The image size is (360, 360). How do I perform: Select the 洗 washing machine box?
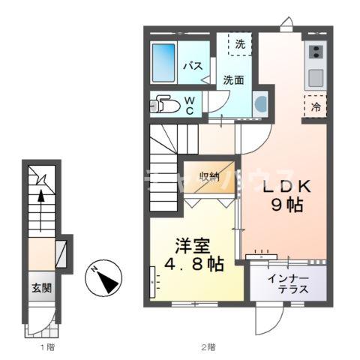(x=239, y=44)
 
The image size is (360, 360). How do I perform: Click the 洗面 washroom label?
(x=232, y=79)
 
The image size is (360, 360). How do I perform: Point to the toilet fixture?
(x=164, y=106)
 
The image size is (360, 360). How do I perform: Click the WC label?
(x=190, y=106)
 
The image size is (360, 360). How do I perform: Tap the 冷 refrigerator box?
(x=316, y=106)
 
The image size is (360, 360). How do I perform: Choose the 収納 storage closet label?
(x=209, y=177)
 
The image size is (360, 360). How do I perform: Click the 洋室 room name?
(x=193, y=245)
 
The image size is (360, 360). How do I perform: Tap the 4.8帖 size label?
(x=193, y=265)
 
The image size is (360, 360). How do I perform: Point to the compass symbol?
(x=103, y=280)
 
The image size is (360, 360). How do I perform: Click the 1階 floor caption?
(x=46, y=348)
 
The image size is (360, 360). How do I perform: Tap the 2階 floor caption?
(x=208, y=348)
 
